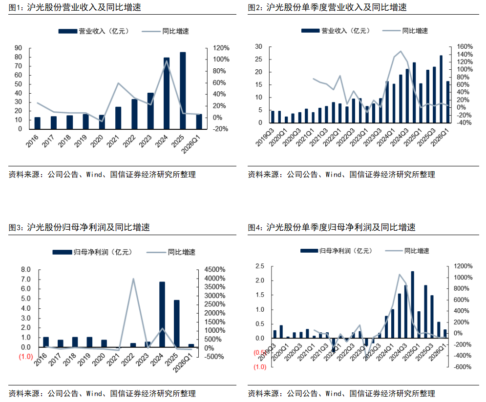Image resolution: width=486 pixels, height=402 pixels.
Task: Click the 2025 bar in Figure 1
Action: pos(183,90)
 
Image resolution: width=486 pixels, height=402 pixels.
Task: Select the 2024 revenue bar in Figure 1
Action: pos(167,93)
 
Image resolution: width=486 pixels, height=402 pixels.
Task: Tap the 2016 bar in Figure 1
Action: pos(37,123)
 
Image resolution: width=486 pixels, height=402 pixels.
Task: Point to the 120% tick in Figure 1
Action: pos(221,48)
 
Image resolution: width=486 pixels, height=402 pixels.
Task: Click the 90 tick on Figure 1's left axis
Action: pos(18,48)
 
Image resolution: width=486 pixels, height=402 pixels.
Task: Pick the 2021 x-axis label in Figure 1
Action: pos(113,141)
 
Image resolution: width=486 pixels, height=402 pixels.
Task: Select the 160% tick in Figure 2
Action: pos(465,46)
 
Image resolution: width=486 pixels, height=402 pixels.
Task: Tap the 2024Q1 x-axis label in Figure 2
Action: pos(386,137)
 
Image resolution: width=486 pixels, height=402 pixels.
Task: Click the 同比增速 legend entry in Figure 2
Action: pos(405,31)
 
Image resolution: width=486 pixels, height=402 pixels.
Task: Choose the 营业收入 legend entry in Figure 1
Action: pos(94,31)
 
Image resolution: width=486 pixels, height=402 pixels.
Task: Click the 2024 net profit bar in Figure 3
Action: pos(162,314)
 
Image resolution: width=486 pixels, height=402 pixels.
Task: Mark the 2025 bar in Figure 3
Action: pos(176,324)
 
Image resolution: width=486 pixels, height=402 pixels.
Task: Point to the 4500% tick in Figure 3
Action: pos(214,270)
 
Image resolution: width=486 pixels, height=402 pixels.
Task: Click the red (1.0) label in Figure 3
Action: pos(26,357)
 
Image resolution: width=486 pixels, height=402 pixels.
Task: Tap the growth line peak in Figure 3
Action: pos(133,279)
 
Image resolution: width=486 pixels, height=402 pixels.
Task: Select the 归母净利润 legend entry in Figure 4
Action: pos(336,251)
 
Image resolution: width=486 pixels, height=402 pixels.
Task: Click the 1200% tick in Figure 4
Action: pos(463,266)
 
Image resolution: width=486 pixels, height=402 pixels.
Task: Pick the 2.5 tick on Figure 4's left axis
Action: pos(260,266)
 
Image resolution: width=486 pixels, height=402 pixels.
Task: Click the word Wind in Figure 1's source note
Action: pos(94,175)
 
